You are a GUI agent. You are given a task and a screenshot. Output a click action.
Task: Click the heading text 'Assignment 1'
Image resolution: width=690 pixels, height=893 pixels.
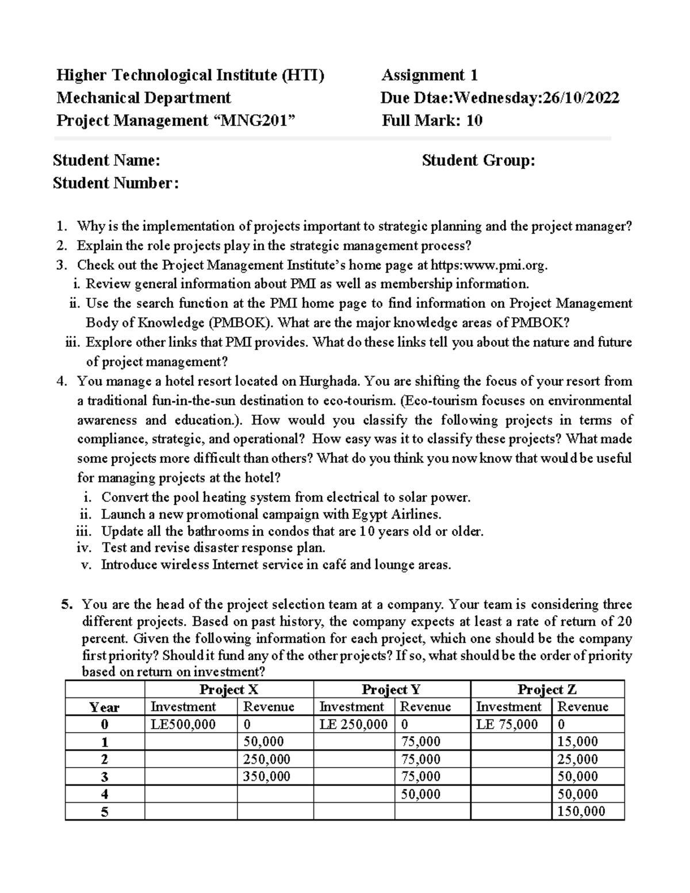tap(430, 75)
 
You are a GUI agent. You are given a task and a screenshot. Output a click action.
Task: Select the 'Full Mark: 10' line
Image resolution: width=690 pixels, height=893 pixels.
tap(432, 121)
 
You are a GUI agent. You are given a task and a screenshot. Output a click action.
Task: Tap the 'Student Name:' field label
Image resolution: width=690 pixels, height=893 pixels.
tap(106, 160)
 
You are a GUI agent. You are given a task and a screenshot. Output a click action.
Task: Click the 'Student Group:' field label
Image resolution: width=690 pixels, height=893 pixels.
tap(478, 160)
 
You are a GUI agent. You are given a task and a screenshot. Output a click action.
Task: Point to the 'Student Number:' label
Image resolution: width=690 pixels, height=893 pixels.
tap(116, 183)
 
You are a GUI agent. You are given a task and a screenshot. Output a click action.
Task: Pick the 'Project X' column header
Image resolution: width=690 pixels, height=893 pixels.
tap(229, 689)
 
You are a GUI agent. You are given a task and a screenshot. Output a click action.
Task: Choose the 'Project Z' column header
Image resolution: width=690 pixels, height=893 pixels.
tap(547, 689)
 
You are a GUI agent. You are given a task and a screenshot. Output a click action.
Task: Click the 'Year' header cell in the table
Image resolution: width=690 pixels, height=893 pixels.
tap(105, 707)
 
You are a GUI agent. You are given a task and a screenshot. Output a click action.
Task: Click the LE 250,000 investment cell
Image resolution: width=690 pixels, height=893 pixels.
tap(353, 725)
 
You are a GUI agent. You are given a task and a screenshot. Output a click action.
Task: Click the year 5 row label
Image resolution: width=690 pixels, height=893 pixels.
tap(105, 812)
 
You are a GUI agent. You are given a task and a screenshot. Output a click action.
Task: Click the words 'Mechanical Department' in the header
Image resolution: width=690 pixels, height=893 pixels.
tap(143, 98)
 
